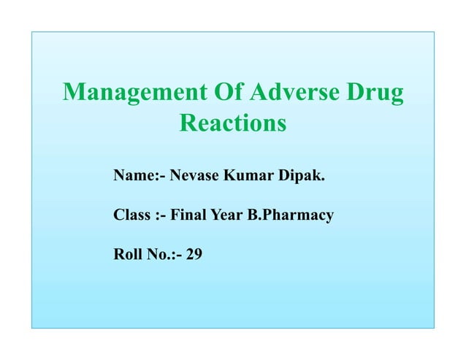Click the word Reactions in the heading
[x=232, y=123]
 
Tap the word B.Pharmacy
[x=290, y=216]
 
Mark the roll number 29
[x=194, y=256]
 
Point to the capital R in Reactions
[x=188, y=123]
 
